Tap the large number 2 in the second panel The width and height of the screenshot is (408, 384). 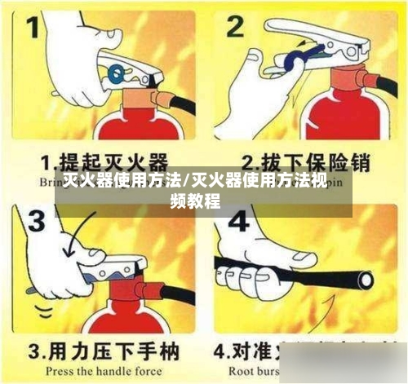tap(237, 29)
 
